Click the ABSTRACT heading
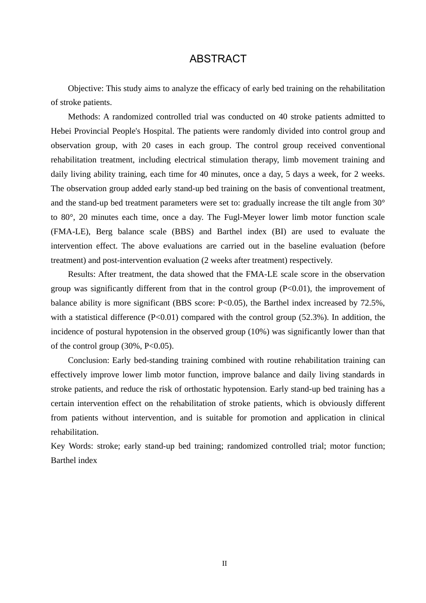coord(218,59)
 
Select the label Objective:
coord(86,88)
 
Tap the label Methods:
coord(84,117)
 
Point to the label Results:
coord(82,274)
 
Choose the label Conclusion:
coord(88,360)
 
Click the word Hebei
coord(61,131)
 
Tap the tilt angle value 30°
coord(378,203)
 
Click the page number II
coord(224,564)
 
